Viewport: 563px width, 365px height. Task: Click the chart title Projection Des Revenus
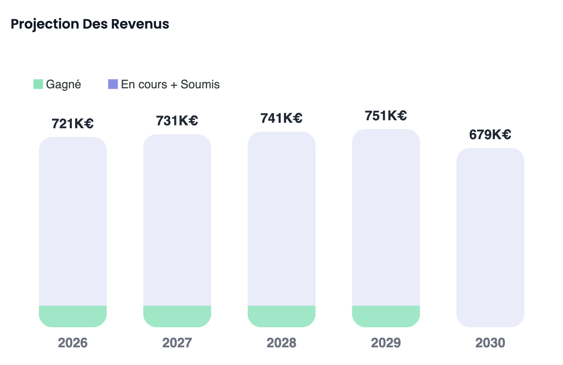[x=90, y=24]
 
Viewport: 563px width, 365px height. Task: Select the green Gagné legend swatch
[x=38, y=84]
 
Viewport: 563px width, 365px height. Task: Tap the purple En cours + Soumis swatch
[x=113, y=84]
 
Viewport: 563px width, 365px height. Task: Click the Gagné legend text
[x=63, y=84]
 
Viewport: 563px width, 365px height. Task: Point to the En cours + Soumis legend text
[x=170, y=84]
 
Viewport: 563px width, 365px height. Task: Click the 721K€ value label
[x=73, y=124]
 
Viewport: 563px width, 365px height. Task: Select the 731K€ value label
[x=177, y=121]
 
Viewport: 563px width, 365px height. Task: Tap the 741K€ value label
[x=281, y=118]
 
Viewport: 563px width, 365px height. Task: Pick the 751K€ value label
[x=386, y=115]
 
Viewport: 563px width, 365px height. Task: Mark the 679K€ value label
[x=490, y=135]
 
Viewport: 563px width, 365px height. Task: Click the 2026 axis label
[x=73, y=343]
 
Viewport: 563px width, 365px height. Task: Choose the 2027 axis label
[x=177, y=343]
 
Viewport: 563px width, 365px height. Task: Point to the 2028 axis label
[x=281, y=343]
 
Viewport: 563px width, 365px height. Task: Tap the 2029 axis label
[x=386, y=343]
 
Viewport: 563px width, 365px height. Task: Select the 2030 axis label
[x=490, y=343]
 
